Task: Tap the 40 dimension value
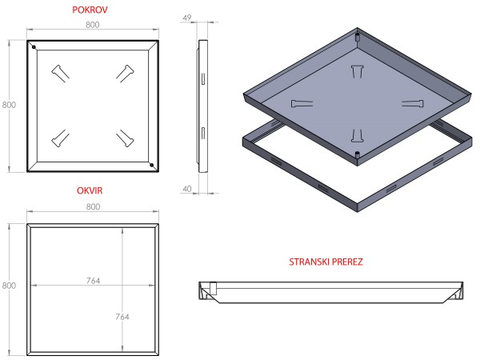(x=188, y=189)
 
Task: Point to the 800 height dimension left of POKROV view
(x=10, y=105)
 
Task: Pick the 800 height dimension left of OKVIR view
(x=10, y=286)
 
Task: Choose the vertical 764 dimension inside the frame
(x=122, y=317)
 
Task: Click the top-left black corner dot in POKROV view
(x=34, y=46)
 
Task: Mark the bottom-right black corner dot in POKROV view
(x=150, y=166)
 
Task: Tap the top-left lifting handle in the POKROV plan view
(x=60, y=72)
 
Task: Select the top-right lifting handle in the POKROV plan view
(x=124, y=72)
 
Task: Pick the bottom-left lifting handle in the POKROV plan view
(x=60, y=138)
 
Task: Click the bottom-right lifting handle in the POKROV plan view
(x=124, y=138)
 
